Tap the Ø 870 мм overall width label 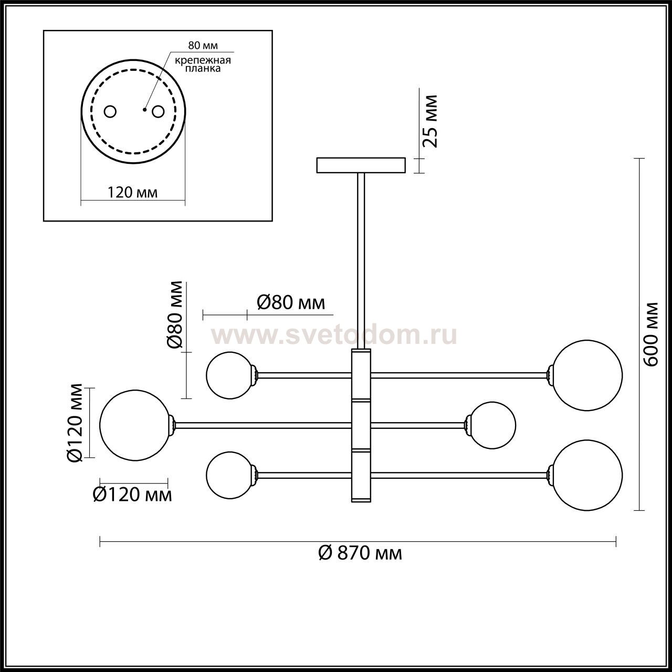point(360,553)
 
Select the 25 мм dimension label point(429,121)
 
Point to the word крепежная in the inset point(203,60)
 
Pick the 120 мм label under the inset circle point(132,192)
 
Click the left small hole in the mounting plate point(110,112)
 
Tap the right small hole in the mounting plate point(158,112)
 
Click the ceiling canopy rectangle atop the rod point(361,165)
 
